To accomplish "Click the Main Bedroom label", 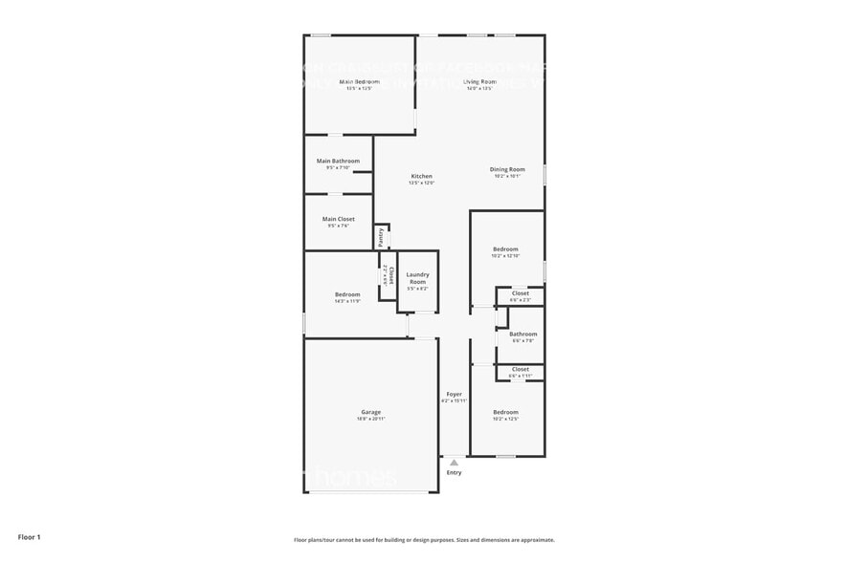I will [x=360, y=82].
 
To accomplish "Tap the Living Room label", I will [x=480, y=82].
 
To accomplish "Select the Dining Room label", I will [x=507, y=169].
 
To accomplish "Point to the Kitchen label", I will [x=422, y=176].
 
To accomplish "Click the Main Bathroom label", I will [x=338, y=161].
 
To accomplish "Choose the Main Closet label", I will [x=338, y=219].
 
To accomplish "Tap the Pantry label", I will [x=381, y=237].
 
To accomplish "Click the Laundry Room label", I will [x=417, y=278].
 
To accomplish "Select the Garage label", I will [x=370, y=412].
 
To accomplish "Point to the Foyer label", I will [x=454, y=394].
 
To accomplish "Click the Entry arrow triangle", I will [x=454, y=462].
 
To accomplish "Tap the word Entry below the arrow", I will [x=454, y=472].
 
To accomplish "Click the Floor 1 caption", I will [x=29, y=537].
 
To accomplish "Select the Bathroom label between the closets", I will [x=523, y=334].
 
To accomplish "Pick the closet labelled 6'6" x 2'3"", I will [x=520, y=300].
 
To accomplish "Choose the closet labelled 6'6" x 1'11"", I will [x=520, y=376].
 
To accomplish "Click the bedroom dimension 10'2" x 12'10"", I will [x=505, y=256].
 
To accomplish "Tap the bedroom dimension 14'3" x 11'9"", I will [x=347, y=301].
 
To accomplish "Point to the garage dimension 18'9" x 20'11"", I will [x=370, y=419].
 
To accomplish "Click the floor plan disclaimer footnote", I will [x=423, y=540].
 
